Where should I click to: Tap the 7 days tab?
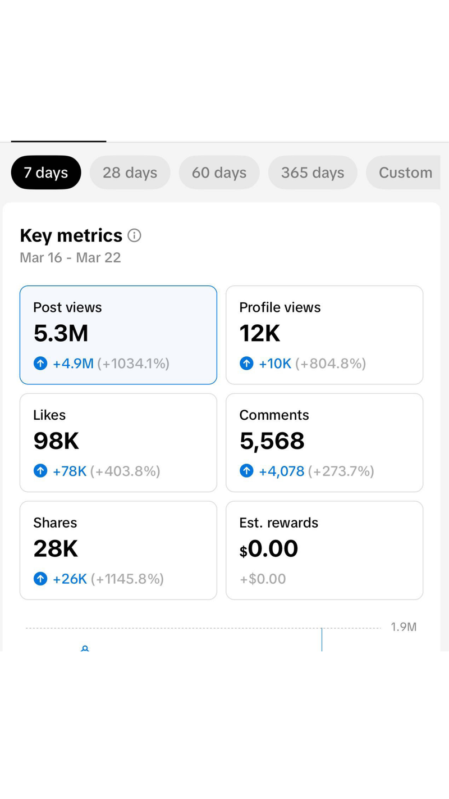click(46, 172)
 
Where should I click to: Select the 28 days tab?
click(130, 172)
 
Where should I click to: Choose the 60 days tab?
click(219, 172)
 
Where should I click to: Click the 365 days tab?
click(313, 172)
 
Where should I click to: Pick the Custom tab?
click(405, 172)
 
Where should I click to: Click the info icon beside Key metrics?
click(134, 235)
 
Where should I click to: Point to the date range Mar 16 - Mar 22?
click(70, 257)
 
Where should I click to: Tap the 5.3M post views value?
click(61, 333)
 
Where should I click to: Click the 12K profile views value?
click(260, 333)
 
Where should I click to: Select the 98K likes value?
click(56, 441)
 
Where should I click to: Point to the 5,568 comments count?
click(272, 441)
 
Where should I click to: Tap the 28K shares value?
click(56, 548)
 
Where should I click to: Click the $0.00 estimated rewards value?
click(269, 548)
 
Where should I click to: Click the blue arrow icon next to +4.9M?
click(40, 364)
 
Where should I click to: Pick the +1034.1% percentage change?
click(134, 364)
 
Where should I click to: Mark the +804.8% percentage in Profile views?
click(331, 364)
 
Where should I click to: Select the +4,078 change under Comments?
click(281, 471)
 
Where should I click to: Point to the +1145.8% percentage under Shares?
click(127, 579)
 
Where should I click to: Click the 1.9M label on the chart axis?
click(404, 627)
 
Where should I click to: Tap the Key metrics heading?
click(71, 235)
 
